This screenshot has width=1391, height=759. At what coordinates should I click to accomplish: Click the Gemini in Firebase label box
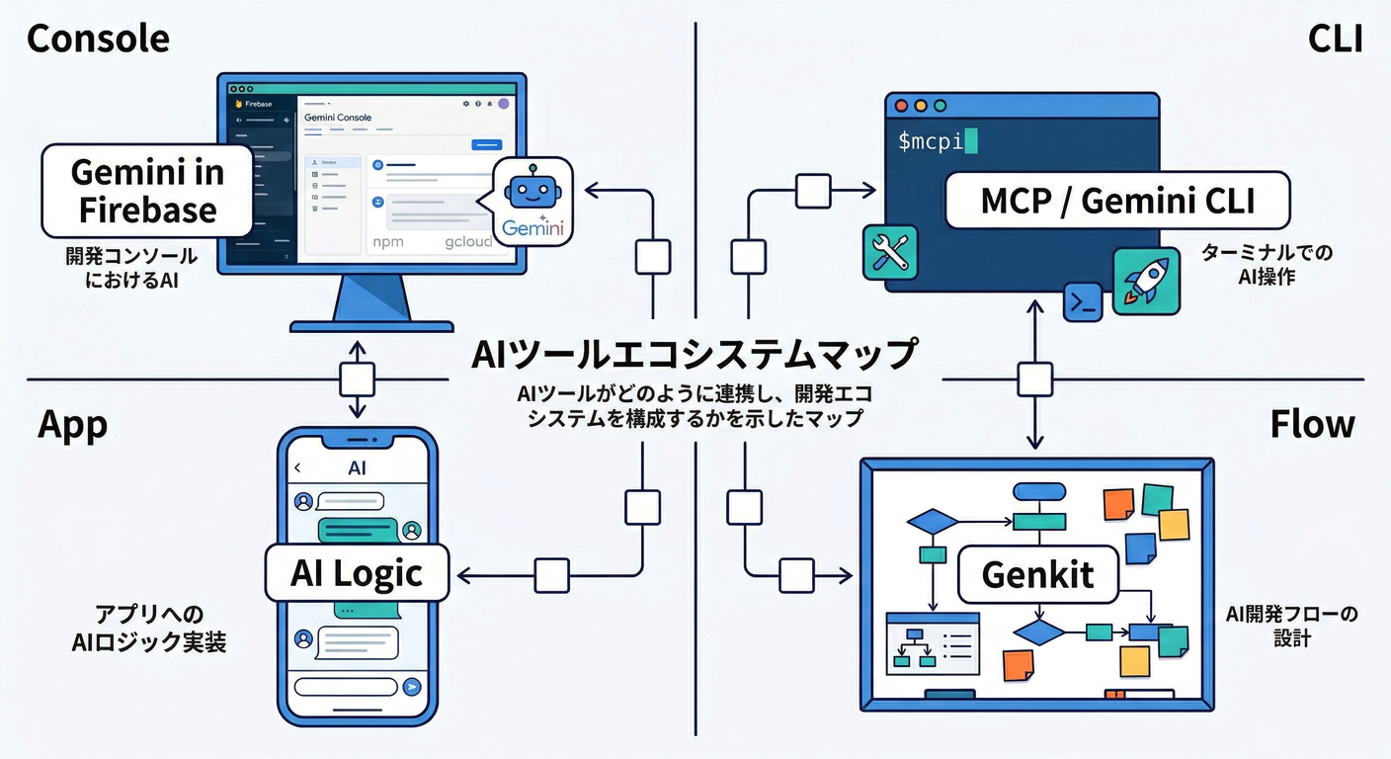[146, 192]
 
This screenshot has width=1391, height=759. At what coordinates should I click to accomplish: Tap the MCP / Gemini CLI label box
[1117, 202]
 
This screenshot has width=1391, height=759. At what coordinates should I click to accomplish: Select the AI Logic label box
[357, 573]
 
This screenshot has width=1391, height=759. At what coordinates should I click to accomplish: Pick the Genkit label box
[1037, 574]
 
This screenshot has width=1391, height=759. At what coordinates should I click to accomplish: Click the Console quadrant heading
[98, 39]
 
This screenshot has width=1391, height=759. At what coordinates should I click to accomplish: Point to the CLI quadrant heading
[1335, 39]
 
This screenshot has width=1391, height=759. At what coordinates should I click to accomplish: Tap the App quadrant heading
[72, 425]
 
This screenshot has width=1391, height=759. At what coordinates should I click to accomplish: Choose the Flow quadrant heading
[1312, 425]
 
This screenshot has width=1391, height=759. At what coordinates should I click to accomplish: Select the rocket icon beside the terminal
[1146, 281]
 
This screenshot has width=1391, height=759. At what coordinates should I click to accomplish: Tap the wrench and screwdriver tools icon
[890, 251]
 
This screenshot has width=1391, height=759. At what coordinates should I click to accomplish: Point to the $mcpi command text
[931, 141]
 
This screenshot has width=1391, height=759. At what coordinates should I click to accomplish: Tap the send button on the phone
[412, 687]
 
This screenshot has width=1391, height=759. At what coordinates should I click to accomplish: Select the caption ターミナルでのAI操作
[1267, 265]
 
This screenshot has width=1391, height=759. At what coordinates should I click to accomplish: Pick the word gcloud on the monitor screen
[467, 242]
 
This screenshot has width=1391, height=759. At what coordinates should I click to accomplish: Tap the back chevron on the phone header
[298, 468]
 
